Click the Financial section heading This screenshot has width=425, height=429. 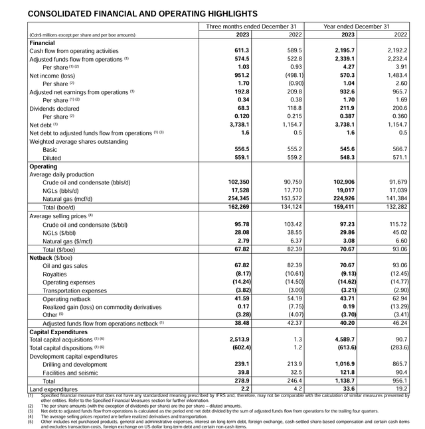(42, 42)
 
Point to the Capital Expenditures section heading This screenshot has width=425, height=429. (62, 331)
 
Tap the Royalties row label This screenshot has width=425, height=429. (56, 273)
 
